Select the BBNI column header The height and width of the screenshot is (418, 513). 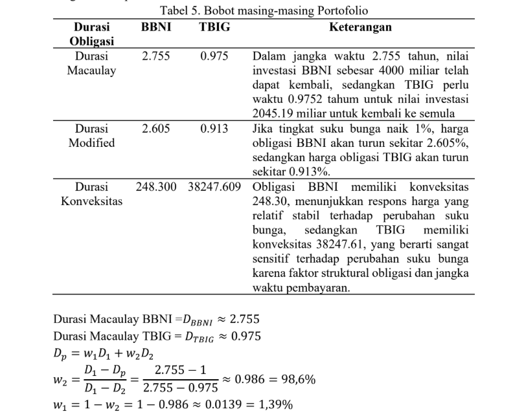(x=155, y=28)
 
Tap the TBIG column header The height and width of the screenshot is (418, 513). (x=214, y=28)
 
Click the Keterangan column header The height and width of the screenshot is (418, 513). (x=360, y=28)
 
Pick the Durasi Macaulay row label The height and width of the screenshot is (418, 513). (x=91, y=63)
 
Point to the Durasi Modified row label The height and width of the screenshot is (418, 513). (x=91, y=135)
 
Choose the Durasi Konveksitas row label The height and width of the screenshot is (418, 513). (x=91, y=194)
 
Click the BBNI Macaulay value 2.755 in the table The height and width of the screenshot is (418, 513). (x=155, y=56)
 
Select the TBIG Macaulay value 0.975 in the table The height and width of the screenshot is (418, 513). (x=214, y=56)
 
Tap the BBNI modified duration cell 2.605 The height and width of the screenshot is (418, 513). (x=155, y=128)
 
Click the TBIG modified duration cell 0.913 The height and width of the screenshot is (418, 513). (x=214, y=128)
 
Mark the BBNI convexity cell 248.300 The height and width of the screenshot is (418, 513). (x=156, y=187)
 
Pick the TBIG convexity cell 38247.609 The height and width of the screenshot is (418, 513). (x=214, y=187)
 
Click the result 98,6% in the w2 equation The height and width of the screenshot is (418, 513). (x=295, y=379)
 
